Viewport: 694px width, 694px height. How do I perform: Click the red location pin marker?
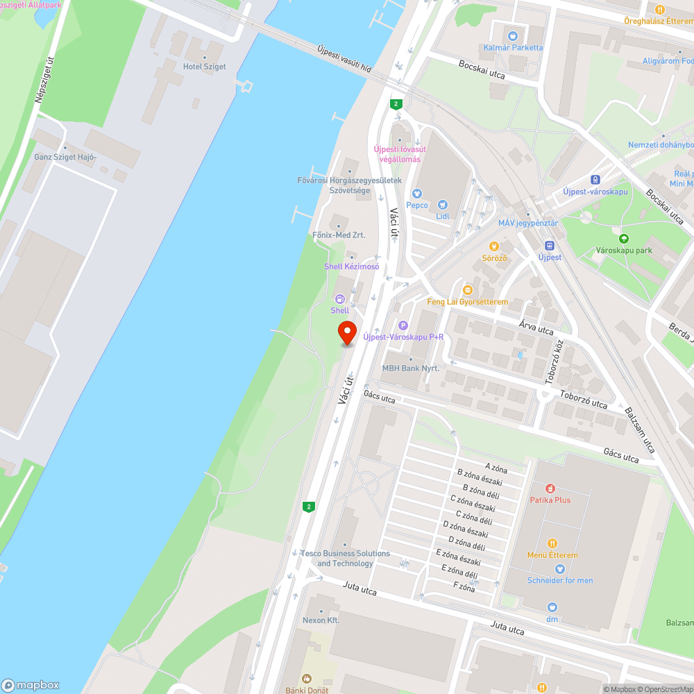tap(346, 332)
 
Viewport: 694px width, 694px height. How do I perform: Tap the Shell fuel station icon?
tap(340, 298)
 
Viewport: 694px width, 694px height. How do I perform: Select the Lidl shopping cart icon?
tap(443, 205)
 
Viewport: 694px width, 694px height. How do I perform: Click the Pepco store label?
tap(416, 205)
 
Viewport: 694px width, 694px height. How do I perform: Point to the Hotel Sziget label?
tap(204, 67)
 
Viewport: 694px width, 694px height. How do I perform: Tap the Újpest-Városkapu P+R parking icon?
tap(403, 325)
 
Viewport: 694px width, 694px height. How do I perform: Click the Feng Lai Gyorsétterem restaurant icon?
tap(468, 289)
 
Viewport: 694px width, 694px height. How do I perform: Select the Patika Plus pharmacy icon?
tap(550, 489)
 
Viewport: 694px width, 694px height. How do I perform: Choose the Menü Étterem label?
tap(552, 555)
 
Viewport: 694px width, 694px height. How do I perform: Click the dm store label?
tap(552, 618)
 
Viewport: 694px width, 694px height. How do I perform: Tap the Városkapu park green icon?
tap(623, 238)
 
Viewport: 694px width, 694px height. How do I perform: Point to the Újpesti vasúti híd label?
tap(344, 61)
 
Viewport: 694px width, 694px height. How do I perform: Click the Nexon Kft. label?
tap(321, 620)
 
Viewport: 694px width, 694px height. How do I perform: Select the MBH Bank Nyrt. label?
tap(411, 369)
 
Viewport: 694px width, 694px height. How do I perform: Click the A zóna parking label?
tap(496, 468)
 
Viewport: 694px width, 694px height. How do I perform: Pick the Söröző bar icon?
tap(494, 246)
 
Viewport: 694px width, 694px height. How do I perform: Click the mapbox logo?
tap(31, 684)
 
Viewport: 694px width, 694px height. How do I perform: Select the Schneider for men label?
tap(560, 580)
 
